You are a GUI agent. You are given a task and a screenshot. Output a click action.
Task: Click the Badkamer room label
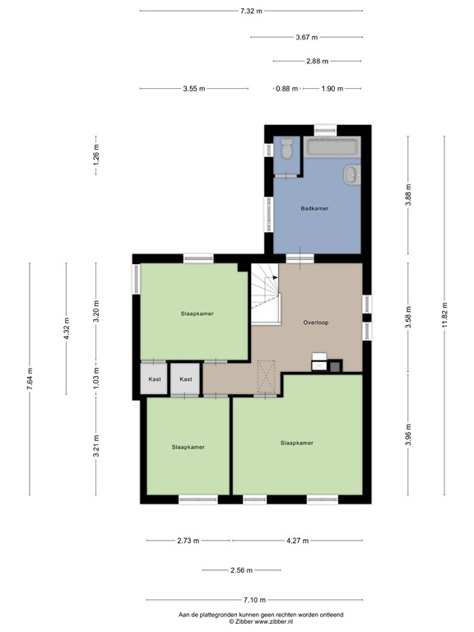[x=314, y=208]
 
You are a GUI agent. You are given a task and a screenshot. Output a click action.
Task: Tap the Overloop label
[x=316, y=323]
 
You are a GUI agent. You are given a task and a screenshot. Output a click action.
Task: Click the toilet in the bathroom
[x=287, y=149]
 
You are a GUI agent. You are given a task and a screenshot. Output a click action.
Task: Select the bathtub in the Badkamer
[x=332, y=147]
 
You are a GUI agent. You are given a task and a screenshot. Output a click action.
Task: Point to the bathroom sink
[x=352, y=175]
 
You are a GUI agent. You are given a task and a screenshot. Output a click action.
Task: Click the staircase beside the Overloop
[x=266, y=294]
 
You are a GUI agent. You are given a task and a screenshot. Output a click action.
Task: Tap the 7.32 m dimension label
[x=251, y=11]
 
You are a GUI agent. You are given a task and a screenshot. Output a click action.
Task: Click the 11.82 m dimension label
[x=444, y=315]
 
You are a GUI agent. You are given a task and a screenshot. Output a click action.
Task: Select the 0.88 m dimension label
[x=286, y=89]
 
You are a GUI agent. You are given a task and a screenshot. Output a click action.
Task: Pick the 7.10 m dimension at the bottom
[x=255, y=600]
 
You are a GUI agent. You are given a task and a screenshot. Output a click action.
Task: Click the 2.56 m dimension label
[x=241, y=570]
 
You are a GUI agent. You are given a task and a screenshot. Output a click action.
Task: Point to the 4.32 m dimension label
[x=67, y=328]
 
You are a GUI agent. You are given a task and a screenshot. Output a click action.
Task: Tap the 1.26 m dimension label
[x=96, y=155]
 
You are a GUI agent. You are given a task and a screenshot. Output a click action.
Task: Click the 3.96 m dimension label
[x=408, y=434]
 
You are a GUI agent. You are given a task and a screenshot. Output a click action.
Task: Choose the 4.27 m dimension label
[x=297, y=541]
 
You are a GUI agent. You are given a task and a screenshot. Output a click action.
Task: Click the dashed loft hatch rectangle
[x=266, y=377]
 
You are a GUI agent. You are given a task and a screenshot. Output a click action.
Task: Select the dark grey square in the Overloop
[x=336, y=366]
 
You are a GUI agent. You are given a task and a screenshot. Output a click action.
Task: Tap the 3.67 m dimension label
[x=307, y=37]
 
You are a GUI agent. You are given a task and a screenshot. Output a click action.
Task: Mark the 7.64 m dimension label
[x=30, y=379]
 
